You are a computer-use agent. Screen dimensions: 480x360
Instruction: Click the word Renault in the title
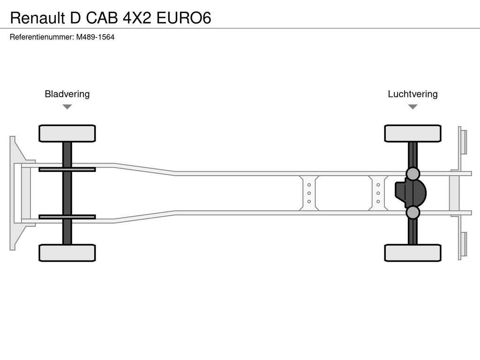tap(37, 18)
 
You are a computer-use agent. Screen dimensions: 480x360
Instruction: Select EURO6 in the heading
tap(184, 18)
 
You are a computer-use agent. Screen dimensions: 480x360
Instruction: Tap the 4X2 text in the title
tap(137, 18)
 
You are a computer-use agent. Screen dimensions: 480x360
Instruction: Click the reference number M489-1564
tap(95, 37)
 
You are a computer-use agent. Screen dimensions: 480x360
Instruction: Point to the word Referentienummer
tap(42, 37)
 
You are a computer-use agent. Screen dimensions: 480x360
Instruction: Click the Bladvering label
tap(67, 94)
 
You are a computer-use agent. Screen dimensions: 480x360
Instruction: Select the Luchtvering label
tap(412, 94)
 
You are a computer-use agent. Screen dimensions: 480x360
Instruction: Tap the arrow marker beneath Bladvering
tap(67, 106)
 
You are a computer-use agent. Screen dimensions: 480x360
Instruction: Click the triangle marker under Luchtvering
tap(412, 106)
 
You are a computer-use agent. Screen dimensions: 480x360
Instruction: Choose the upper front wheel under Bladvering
tap(67, 134)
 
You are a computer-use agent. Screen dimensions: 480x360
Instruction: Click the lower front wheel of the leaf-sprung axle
tap(67, 253)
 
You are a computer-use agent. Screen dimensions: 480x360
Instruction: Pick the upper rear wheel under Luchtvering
tap(412, 134)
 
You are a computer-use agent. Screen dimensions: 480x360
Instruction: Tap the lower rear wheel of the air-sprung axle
tap(412, 253)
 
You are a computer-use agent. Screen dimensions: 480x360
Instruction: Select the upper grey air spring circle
tap(412, 173)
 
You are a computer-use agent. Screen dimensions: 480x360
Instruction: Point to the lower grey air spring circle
tap(412, 212)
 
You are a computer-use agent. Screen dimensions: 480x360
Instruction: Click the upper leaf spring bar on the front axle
tap(67, 169)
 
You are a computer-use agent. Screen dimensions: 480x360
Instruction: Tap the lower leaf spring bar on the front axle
tap(67, 217)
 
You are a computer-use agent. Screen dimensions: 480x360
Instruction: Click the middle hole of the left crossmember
tap(309, 193)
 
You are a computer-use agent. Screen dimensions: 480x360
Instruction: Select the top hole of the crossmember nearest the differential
tap(378, 185)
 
